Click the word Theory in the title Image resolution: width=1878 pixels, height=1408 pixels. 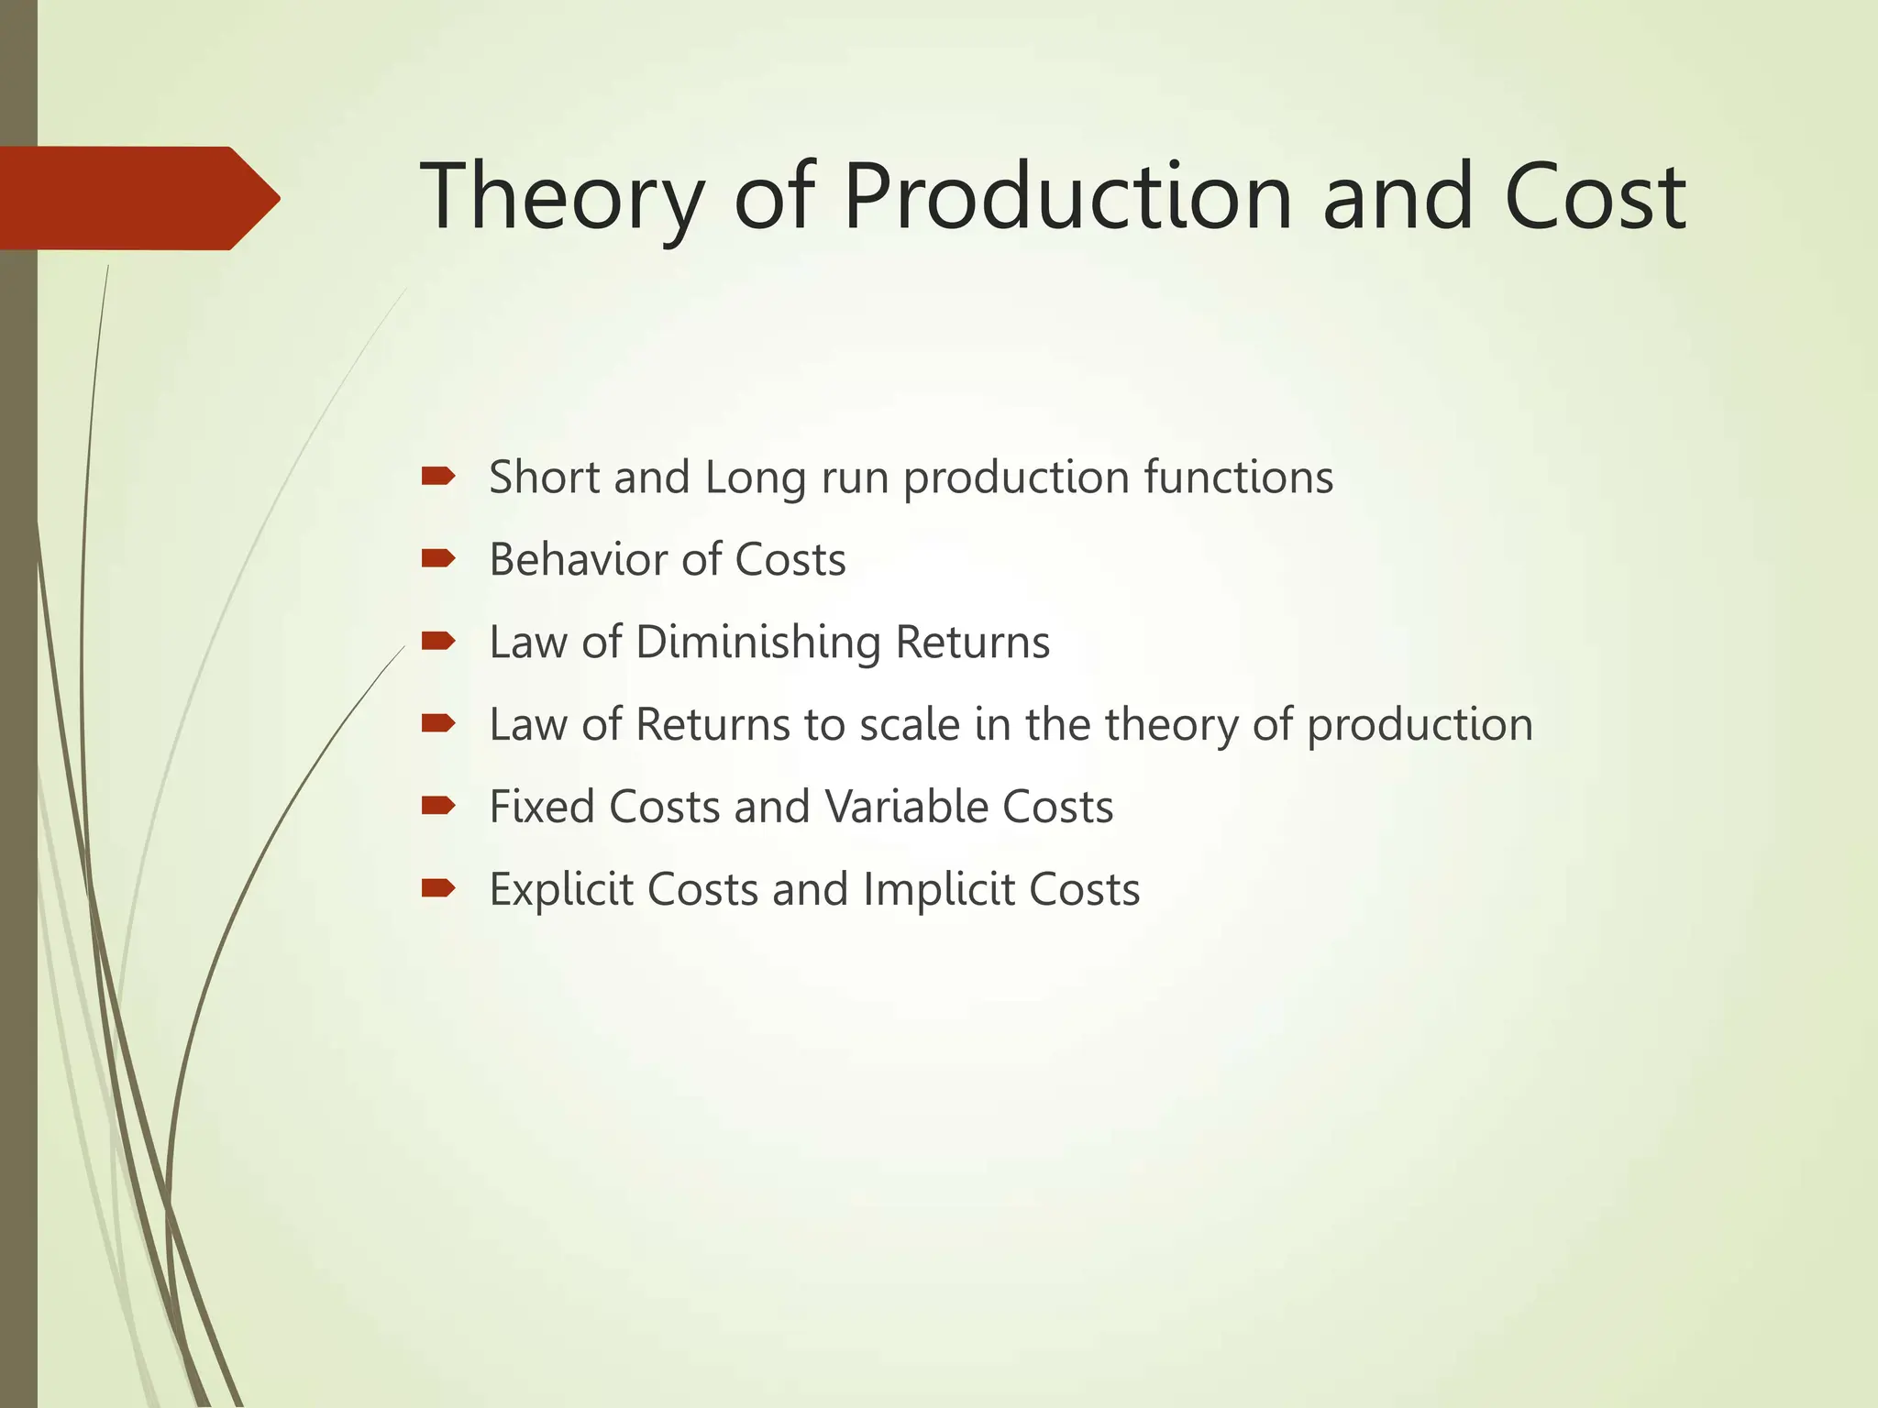coord(561,197)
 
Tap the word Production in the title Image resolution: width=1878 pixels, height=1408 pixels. coord(1067,197)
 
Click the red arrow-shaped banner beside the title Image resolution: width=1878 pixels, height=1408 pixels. coord(138,198)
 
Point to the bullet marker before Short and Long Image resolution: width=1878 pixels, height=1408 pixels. coord(438,476)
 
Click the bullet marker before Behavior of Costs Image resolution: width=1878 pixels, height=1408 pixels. coord(438,558)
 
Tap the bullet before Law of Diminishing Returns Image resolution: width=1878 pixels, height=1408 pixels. coord(438,641)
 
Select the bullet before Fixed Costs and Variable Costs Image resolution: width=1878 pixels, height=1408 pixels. coord(438,806)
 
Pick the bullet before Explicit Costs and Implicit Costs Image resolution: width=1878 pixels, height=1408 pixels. coord(438,888)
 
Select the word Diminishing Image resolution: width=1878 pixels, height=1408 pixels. coord(757,643)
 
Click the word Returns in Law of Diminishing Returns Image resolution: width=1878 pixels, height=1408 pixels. coord(972,643)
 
